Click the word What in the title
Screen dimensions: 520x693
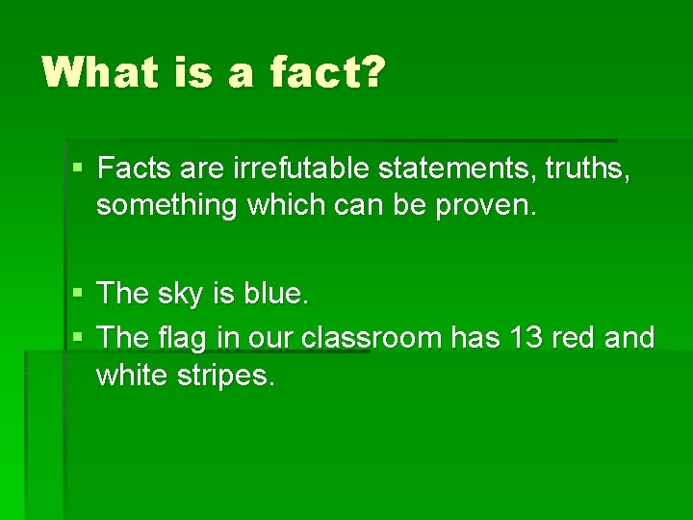(96, 73)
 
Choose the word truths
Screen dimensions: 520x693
(588, 169)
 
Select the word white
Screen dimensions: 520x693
(132, 376)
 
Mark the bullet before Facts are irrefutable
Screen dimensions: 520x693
(78, 170)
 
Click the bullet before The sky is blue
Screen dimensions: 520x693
(78, 294)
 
